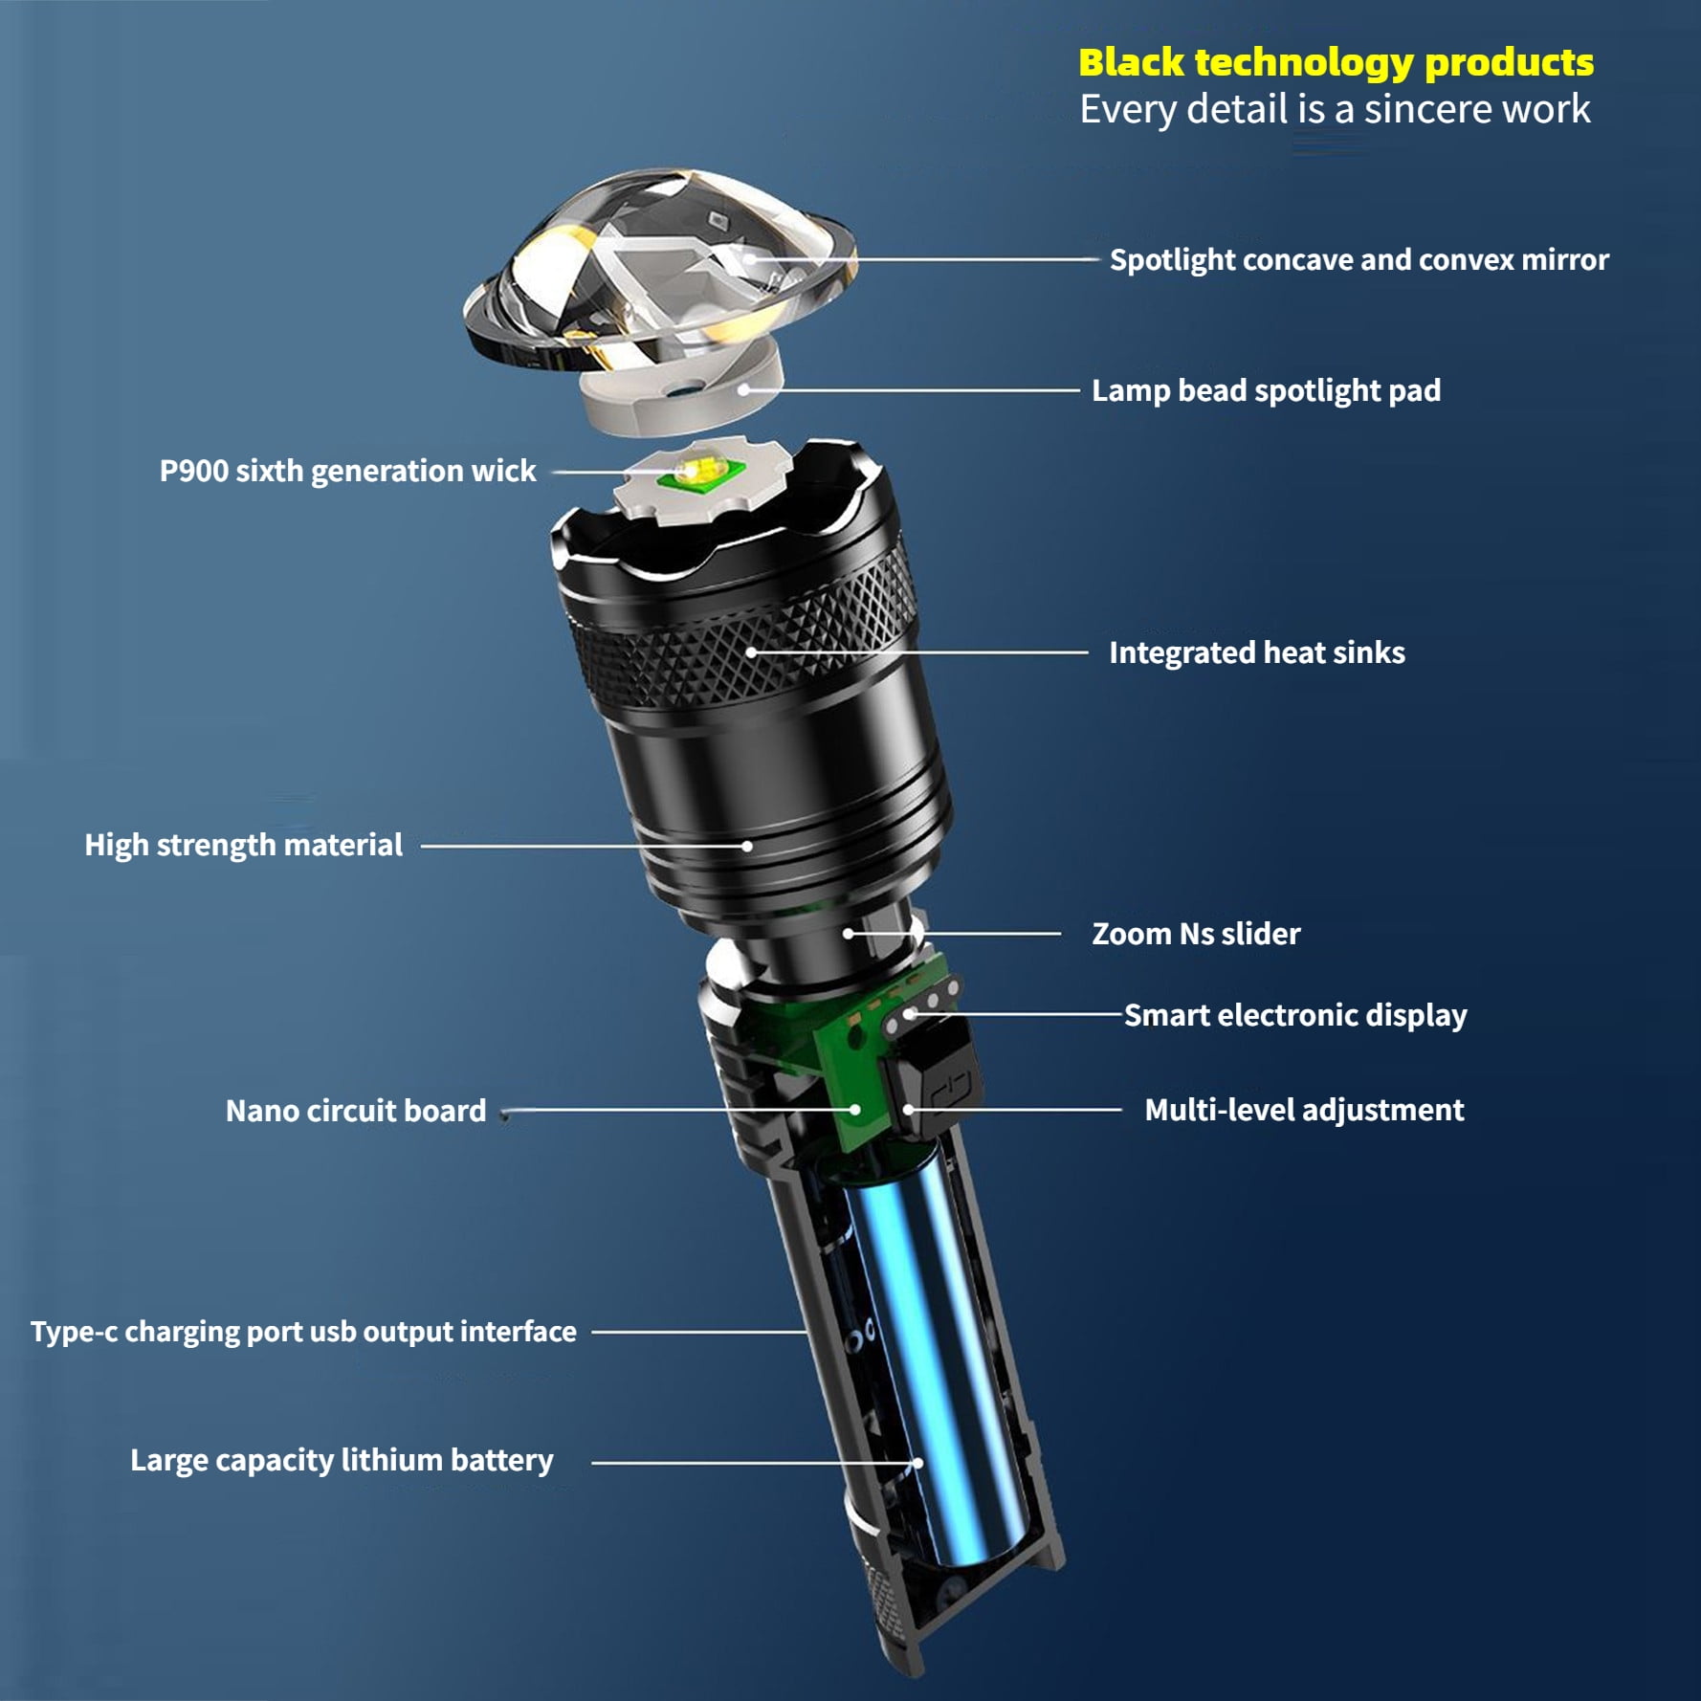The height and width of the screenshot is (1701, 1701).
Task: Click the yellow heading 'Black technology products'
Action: pos(1336,63)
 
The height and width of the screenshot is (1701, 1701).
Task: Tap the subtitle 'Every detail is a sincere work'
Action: pos(1335,109)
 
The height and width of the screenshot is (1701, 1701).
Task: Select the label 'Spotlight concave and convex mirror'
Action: pos(1359,260)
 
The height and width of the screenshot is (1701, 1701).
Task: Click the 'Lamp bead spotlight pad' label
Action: pos(1266,390)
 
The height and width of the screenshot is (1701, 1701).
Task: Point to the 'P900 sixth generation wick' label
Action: pos(347,471)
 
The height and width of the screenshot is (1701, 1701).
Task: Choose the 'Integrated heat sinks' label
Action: pos(1256,652)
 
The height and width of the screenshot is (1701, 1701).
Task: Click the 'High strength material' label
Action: pos(243,845)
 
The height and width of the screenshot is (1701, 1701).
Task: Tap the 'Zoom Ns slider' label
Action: pos(1196,934)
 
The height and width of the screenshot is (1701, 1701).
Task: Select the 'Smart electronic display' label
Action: pos(1294,1015)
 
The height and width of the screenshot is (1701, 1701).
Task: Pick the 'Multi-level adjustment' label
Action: pos(1304,1110)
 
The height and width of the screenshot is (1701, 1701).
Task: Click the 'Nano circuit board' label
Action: pos(355,1111)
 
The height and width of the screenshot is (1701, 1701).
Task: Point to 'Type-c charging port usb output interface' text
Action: pos(303,1332)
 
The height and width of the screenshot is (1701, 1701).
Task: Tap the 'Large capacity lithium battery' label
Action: pos(342,1460)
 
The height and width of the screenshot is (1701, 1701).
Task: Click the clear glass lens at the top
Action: pos(660,273)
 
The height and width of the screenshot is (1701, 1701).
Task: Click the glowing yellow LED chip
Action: pos(696,470)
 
